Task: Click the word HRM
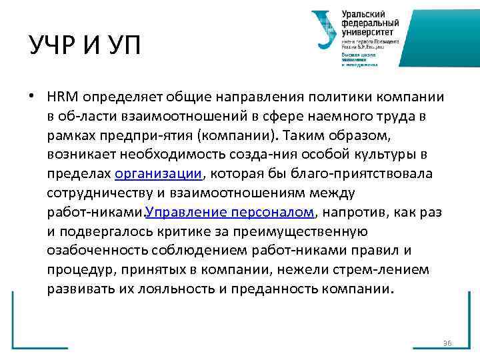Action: click(x=60, y=97)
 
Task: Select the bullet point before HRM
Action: click(x=32, y=96)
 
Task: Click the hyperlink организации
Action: click(x=158, y=174)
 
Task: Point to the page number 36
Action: click(x=447, y=343)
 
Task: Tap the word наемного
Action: click(x=332, y=116)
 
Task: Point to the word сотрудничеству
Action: click(x=93, y=193)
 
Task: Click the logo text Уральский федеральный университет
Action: click(x=368, y=23)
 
